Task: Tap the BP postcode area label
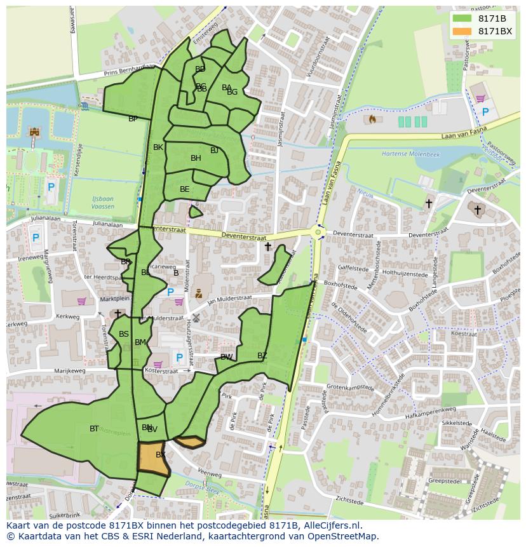click(133, 119)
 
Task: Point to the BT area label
click(94, 429)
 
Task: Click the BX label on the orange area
click(161, 455)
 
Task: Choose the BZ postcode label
click(262, 355)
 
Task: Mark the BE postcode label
click(184, 189)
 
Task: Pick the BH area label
click(196, 158)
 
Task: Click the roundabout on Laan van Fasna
click(318, 233)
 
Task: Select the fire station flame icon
click(372, 119)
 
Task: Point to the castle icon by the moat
click(34, 132)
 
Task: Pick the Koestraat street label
click(463, 334)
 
